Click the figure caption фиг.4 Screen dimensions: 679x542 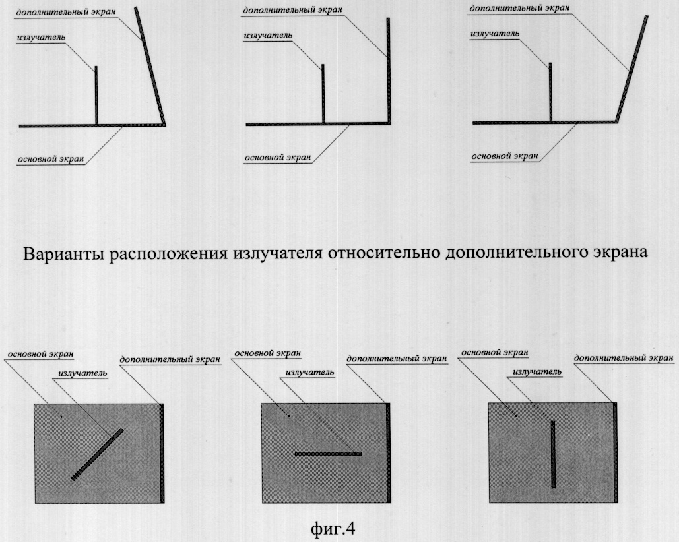pyautogui.click(x=333, y=528)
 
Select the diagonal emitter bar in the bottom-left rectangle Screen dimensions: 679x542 pyautogui.click(x=98, y=454)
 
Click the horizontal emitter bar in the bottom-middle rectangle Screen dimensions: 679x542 pyautogui.click(x=328, y=454)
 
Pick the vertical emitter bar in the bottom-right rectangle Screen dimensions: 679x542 pyautogui.click(x=553, y=454)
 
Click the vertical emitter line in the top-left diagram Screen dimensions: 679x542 pyautogui.click(x=96, y=96)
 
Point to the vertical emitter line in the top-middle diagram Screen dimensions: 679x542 pyautogui.click(x=323, y=94)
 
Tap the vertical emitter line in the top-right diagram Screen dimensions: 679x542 pyautogui.click(x=550, y=92)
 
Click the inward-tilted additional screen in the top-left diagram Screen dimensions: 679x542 pyautogui.click(x=150, y=66)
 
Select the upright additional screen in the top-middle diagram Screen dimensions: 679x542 pyautogui.click(x=389, y=71)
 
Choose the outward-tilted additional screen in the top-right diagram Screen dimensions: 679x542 pyautogui.click(x=632, y=69)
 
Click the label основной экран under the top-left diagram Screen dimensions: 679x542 pyautogui.click(x=51, y=159)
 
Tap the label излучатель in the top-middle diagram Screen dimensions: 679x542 pyautogui.click(x=268, y=36)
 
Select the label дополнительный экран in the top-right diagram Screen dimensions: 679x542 pyautogui.click(x=520, y=8)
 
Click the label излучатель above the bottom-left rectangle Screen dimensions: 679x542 pyautogui.click(x=82, y=373)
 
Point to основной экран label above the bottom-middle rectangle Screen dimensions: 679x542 pyautogui.click(x=268, y=353)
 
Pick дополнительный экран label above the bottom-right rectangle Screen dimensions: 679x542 pyautogui.click(x=624, y=358)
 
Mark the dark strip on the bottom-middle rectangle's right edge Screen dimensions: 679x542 pyautogui.click(x=389, y=453)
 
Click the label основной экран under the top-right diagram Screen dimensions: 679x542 pyautogui.click(x=505, y=156)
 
